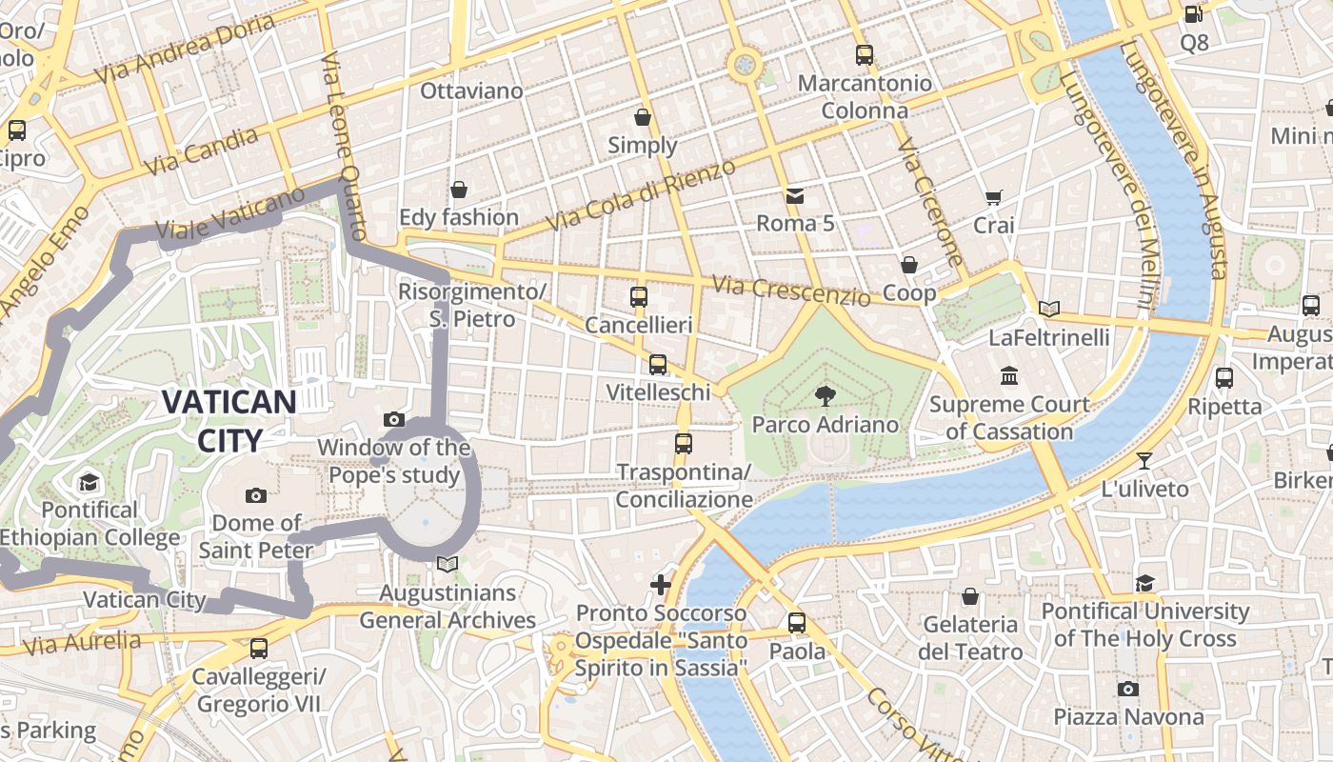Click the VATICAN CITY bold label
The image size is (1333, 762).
229,420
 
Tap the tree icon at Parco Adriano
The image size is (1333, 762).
826,396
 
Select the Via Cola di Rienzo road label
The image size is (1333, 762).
641,195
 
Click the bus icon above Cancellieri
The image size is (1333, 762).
639,297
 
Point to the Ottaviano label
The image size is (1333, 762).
472,91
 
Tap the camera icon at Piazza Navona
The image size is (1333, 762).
1128,689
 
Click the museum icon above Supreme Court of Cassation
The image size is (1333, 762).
1009,376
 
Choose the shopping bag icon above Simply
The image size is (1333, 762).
643,117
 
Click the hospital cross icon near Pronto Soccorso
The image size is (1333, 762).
661,584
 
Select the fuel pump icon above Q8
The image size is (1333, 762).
1193,14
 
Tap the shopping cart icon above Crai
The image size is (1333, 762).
994,197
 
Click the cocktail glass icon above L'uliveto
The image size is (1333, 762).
1144,461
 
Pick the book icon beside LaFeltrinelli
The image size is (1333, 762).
1048,309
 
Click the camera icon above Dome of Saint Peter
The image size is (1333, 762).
255,495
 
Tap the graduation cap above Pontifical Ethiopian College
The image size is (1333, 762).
90,482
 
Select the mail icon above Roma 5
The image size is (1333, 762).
795,196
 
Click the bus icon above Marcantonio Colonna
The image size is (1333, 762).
865,55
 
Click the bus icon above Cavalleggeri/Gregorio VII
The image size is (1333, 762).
258,649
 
